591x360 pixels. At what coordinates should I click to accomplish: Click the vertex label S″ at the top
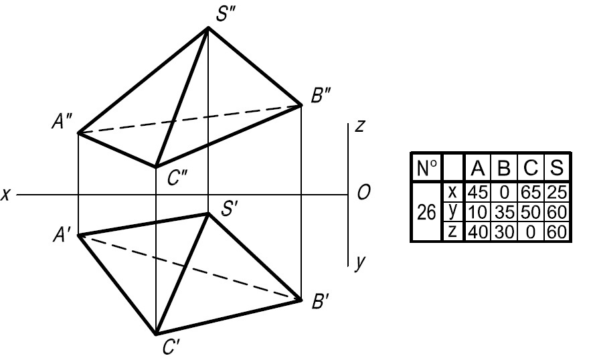tap(226, 14)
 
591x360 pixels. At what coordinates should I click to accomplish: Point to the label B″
tap(321, 96)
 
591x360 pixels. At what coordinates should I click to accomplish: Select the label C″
tap(177, 177)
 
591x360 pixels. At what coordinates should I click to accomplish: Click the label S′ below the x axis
tap(229, 209)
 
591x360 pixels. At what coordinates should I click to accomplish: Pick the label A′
tap(61, 236)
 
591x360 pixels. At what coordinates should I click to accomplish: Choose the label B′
tap(321, 301)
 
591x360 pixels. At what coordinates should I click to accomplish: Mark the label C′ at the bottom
tap(171, 347)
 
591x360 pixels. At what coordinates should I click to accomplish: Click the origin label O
tap(363, 193)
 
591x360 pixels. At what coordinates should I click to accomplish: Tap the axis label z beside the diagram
tap(359, 126)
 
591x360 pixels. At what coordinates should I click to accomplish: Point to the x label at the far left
tap(5, 195)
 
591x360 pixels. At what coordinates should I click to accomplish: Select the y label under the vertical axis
tap(360, 262)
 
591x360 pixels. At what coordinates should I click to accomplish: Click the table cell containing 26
tap(426, 212)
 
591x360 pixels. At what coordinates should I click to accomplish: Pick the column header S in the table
tap(556, 168)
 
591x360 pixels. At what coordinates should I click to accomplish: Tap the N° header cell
tap(427, 168)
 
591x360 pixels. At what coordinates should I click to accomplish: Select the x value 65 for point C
tap(531, 193)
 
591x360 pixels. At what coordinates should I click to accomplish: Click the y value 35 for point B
tap(504, 213)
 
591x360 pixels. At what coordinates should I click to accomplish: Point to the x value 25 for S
tap(557, 193)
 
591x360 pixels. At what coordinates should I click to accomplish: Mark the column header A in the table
tap(477, 168)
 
